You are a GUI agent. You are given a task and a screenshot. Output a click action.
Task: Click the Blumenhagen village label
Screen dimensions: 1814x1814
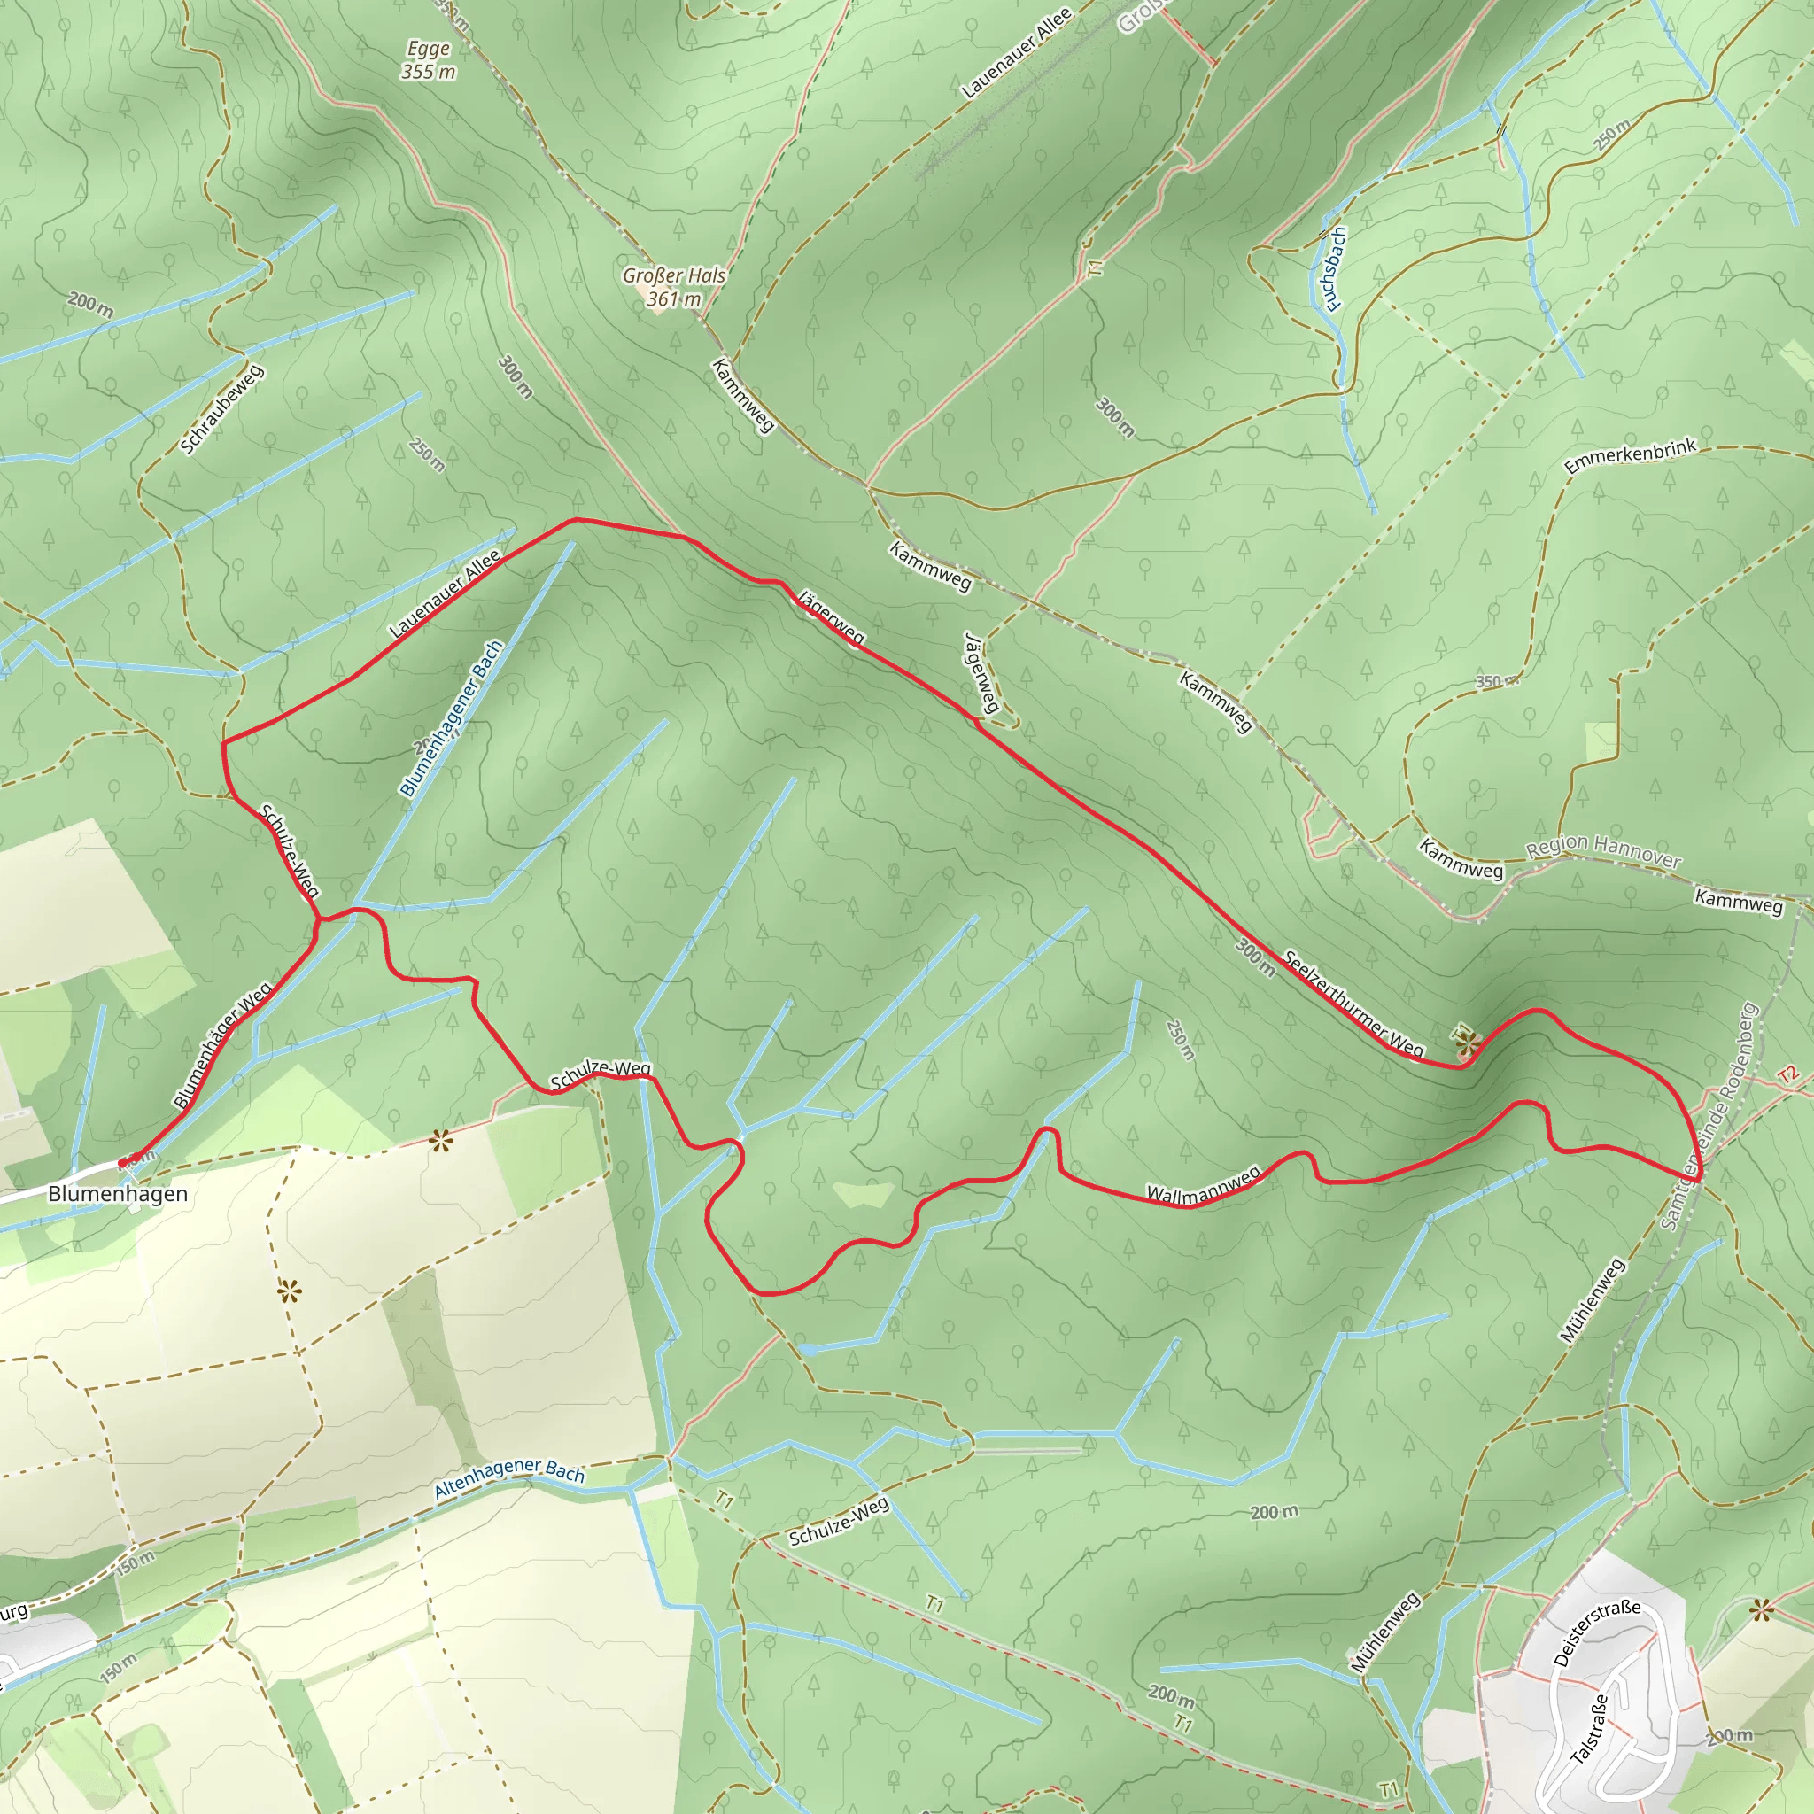[118, 1193]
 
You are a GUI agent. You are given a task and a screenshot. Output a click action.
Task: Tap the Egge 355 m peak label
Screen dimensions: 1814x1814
[428, 60]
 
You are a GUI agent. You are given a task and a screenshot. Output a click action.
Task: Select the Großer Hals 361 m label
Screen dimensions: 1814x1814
[674, 287]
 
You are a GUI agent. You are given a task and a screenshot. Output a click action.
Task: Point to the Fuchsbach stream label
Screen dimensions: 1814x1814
[1333, 268]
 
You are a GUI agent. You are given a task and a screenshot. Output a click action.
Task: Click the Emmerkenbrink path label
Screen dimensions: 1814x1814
[1629, 455]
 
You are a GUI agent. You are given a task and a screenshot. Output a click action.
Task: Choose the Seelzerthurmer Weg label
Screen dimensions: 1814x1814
[1353, 1004]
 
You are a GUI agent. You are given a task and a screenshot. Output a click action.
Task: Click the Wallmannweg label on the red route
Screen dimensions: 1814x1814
[1203, 1186]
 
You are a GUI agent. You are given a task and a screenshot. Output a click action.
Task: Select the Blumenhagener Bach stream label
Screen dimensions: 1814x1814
[452, 719]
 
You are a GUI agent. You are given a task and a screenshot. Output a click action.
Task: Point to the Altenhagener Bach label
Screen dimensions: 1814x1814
[509, 1478]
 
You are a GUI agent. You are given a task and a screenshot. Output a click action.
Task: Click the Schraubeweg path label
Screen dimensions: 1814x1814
[221, 409]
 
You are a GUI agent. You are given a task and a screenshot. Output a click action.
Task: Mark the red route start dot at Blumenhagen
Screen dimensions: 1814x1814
[122, 1163]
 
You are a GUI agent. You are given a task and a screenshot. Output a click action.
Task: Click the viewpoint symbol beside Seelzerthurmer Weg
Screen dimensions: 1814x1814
[1468, 1043]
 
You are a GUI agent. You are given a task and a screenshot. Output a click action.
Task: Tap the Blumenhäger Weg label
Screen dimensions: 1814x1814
[222, 1045]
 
